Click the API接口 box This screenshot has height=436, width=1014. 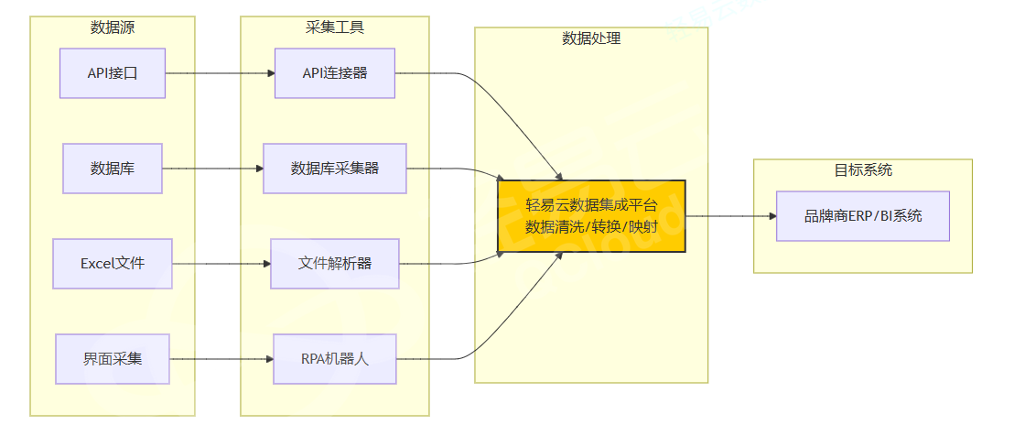pos(113,73)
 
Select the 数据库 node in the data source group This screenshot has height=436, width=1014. pos(113,169)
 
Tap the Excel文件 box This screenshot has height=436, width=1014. pos(113,264)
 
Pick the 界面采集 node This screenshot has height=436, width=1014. pos(113,358)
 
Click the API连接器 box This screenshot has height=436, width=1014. pos(335,73)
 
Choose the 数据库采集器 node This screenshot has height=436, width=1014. pos(335,169)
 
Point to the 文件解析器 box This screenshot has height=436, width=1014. pos(335,264)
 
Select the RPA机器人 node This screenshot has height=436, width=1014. pos(335,358)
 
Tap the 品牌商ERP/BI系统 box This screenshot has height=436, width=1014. pos(863,216)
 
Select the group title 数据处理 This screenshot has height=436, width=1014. pos(591,38)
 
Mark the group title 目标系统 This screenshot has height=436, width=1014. pos(863,170)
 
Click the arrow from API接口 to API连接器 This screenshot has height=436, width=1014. pos(220,73)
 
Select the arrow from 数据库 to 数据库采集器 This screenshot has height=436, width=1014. pos(212,169)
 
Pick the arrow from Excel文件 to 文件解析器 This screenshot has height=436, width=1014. pos(221,264)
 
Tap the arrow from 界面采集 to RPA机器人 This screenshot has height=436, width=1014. pos(221,358)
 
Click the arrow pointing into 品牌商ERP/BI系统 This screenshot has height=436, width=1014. pos(732,216)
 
